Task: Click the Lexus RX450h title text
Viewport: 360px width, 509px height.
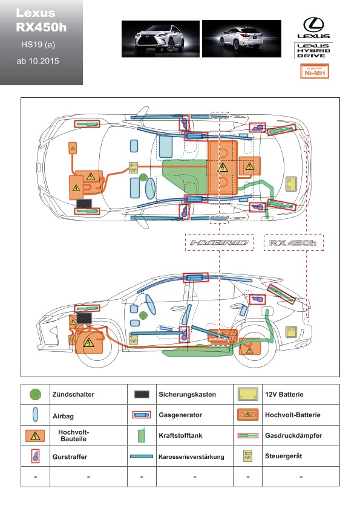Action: click(x=41, y=20)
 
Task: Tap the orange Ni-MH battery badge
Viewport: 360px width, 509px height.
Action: click(x=314, y=71)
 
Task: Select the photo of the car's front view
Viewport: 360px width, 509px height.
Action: click(x=160, y=39)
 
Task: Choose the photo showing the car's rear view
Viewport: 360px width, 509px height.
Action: click(x=242, y=39)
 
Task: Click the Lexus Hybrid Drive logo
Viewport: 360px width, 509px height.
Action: click(x=313, y=51)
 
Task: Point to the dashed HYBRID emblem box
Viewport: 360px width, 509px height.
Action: click(x=219, y=242)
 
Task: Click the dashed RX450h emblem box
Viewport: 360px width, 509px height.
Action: click(x=293, y=242)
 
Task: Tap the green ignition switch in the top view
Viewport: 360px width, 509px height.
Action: click(x=143, y=177)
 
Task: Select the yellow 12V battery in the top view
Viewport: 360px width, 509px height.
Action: click(x=291, y=184)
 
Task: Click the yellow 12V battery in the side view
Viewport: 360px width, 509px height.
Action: click(x=291, y=332)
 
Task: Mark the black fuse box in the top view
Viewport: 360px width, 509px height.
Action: click(x=84, y=203)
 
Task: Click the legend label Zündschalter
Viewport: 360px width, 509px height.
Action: click(x=73, y=394)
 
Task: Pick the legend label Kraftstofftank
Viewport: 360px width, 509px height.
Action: click(x=180, y=435)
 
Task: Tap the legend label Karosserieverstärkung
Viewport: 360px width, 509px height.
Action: click(x=191, y=457)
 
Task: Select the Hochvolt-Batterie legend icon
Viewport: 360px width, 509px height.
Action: click(x=247, y=415)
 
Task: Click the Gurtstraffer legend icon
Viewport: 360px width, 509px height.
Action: click(x=35, y=456)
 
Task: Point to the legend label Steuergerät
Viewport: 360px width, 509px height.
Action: click(x=283, y=456)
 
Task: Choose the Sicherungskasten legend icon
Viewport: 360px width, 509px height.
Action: click(x=142, y=394)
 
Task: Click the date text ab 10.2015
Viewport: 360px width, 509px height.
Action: click(x=38, y=61)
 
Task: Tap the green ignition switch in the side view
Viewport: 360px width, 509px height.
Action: click(x=143, y=315)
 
